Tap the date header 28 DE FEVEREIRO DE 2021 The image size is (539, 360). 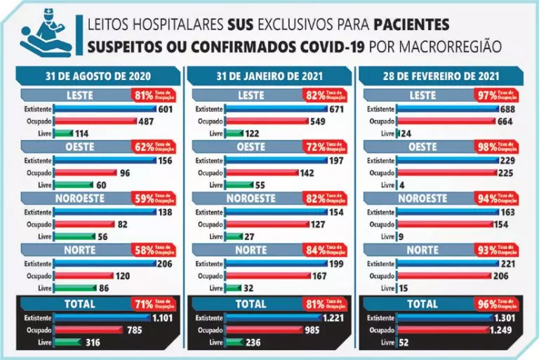(x=438, y=75)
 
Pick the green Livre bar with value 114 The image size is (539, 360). (x=64, y=133)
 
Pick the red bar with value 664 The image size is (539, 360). (x=446, y=121)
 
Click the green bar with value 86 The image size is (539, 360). (x=74, y=288)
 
